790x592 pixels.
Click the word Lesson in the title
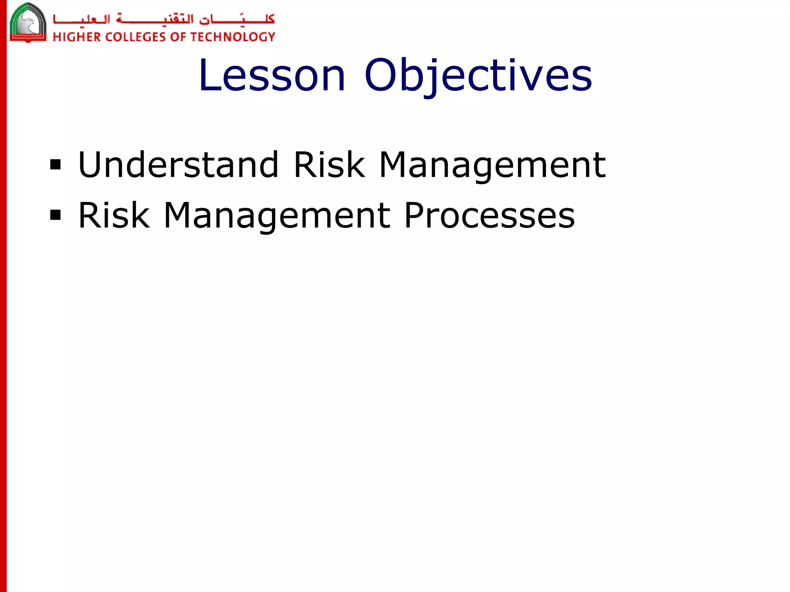coord(272,76)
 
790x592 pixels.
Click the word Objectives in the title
coord(478,76)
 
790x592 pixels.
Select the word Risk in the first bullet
coord(329,165)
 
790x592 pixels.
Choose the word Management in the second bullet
coord(277,216)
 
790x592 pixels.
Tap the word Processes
coord(490,215)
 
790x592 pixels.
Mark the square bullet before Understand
coord(56,165)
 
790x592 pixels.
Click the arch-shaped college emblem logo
coord(28,22)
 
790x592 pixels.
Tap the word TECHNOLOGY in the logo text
coord(233,37)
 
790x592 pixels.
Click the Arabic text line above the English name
coord(164,19)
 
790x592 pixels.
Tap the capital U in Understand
coord(91,165)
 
